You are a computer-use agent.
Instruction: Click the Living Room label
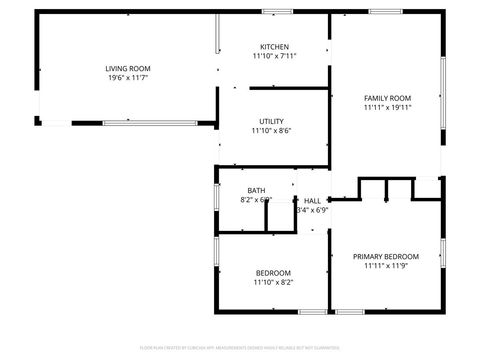(128, 68)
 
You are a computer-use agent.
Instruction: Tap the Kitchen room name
(275, 47)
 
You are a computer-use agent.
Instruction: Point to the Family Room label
(387, 97)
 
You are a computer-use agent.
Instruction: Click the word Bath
(257, 190)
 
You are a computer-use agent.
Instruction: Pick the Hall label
(313, 200)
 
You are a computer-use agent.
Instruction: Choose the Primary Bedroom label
(387, 256)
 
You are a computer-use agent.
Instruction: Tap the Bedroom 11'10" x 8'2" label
(273, 273)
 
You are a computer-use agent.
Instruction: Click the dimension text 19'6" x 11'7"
(128, 78)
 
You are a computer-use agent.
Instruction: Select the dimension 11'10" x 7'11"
(275, 57)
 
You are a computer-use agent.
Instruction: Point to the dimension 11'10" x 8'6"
(273, 130)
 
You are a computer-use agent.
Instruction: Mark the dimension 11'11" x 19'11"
(387, 107)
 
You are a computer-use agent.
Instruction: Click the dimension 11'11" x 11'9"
(387, 266)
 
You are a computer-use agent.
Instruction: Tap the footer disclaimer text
(240, 349)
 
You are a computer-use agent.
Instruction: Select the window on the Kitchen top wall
(277, 11)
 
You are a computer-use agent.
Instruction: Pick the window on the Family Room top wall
(385, 11)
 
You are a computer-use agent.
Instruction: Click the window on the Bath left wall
(216, 195)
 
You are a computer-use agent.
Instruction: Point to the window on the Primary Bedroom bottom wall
(350, 312)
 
